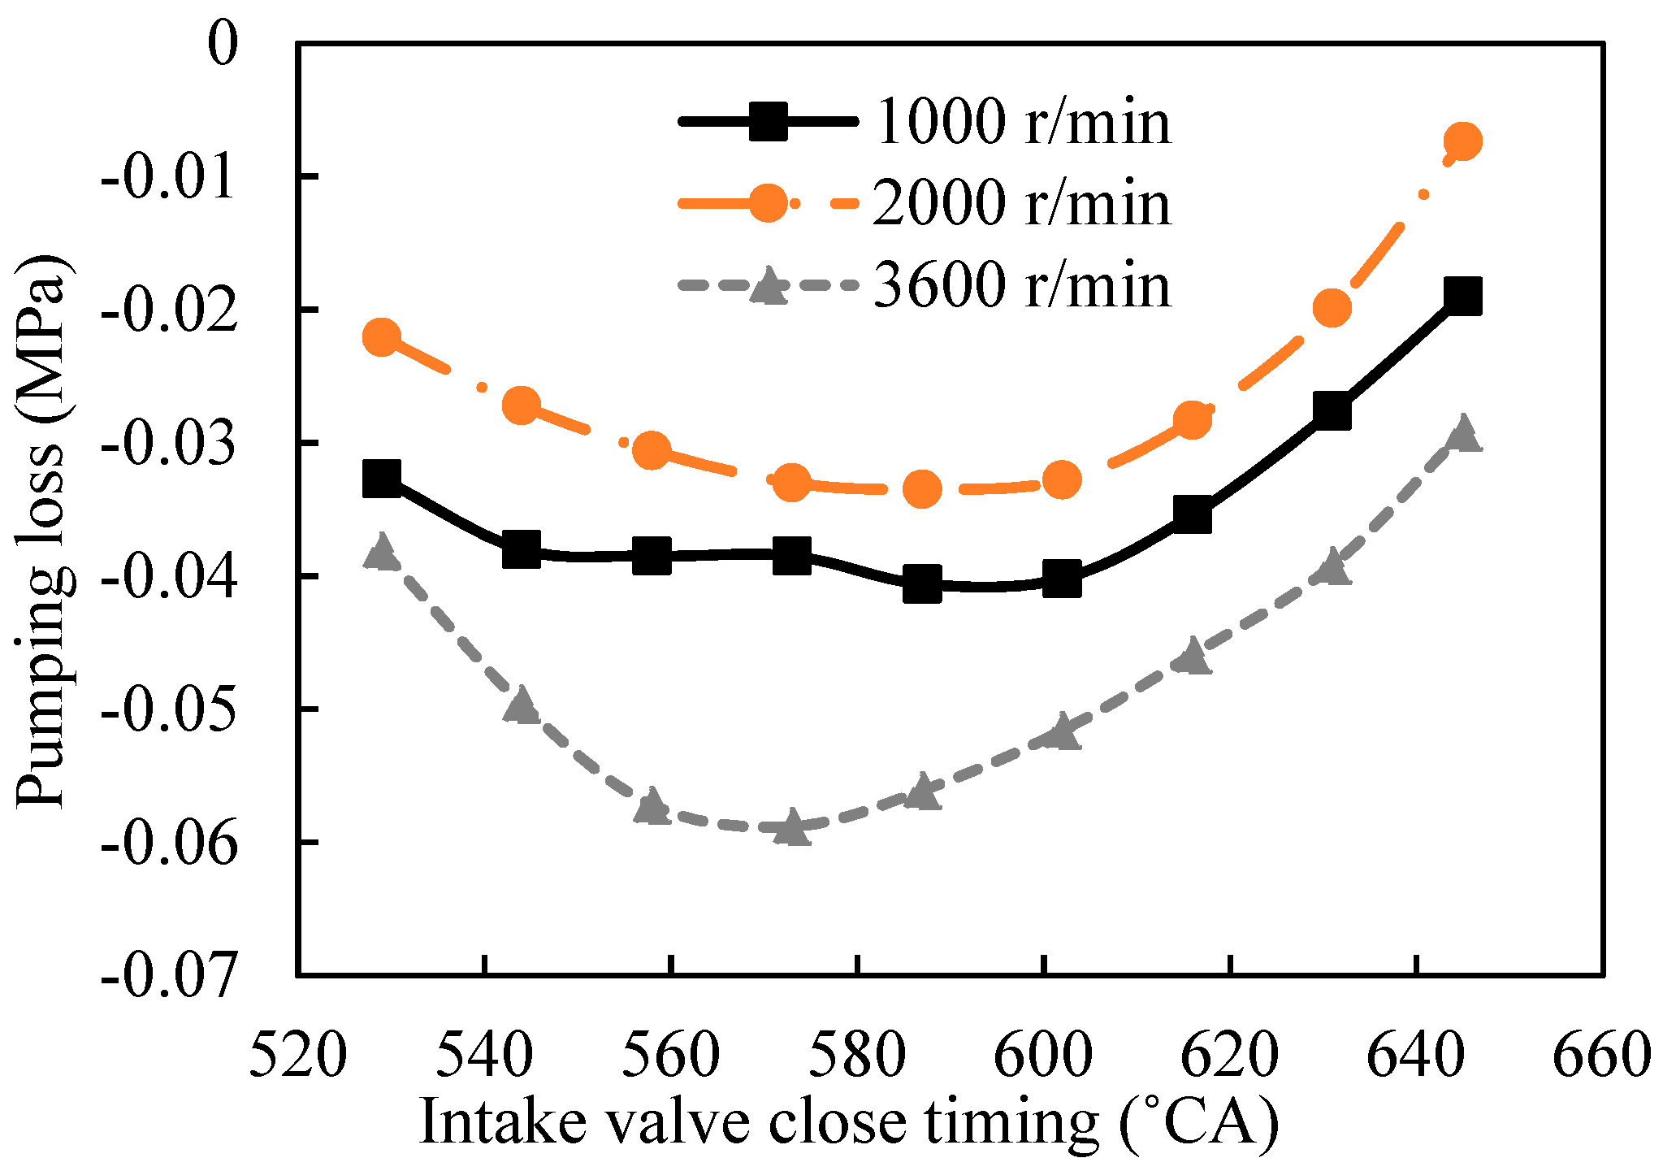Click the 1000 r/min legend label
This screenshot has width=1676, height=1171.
tap(1024, 122)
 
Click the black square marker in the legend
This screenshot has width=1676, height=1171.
tap(768, 122)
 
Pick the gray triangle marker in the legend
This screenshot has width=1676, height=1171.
tap(768, 287)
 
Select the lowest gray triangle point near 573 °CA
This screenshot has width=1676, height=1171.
tap(792, 828)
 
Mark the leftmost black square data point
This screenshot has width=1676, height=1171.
tap(382, 478)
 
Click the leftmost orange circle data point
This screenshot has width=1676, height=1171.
tap(382, 336)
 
